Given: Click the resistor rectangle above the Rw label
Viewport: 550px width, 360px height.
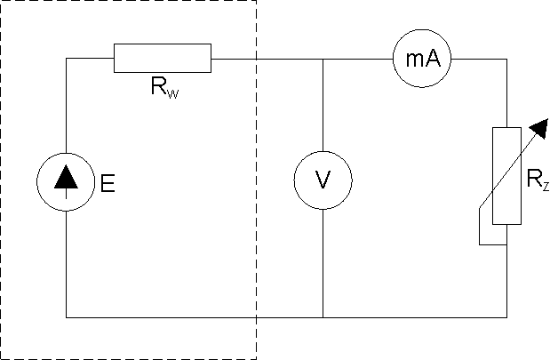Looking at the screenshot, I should point(163,59).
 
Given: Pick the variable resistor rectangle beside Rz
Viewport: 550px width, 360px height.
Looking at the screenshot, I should point(506,175).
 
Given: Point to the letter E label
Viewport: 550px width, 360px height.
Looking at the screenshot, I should point(108,185).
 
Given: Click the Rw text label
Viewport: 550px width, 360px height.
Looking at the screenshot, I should point(165,87).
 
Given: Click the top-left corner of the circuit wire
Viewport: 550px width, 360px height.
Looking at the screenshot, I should point(67,60).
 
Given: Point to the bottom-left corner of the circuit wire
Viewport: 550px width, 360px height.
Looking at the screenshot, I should point(67,316).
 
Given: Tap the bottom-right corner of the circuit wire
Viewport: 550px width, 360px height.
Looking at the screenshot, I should point(506,316).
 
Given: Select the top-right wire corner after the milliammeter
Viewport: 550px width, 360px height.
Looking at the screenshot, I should point(506,60).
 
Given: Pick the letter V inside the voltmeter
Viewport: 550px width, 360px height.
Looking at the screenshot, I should point(323,181).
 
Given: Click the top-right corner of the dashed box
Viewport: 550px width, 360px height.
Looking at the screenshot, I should point(257,2).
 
